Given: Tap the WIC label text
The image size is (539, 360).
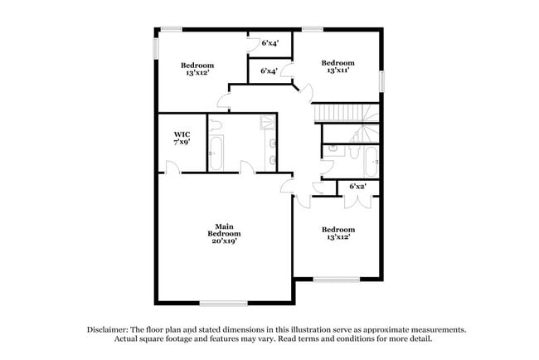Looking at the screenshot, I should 182,134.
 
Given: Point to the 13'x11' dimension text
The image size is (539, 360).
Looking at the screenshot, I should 337,71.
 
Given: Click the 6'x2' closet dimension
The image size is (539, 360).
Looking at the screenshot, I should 358,187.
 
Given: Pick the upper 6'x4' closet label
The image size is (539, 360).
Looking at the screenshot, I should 269,42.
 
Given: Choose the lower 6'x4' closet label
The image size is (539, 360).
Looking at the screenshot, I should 269,71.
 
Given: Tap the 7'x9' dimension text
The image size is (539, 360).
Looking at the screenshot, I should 182,143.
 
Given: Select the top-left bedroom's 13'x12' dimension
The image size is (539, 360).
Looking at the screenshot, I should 197,74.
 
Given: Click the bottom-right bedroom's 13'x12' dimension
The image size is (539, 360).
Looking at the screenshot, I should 337,237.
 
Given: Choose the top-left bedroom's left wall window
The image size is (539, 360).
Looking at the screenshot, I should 155,47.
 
